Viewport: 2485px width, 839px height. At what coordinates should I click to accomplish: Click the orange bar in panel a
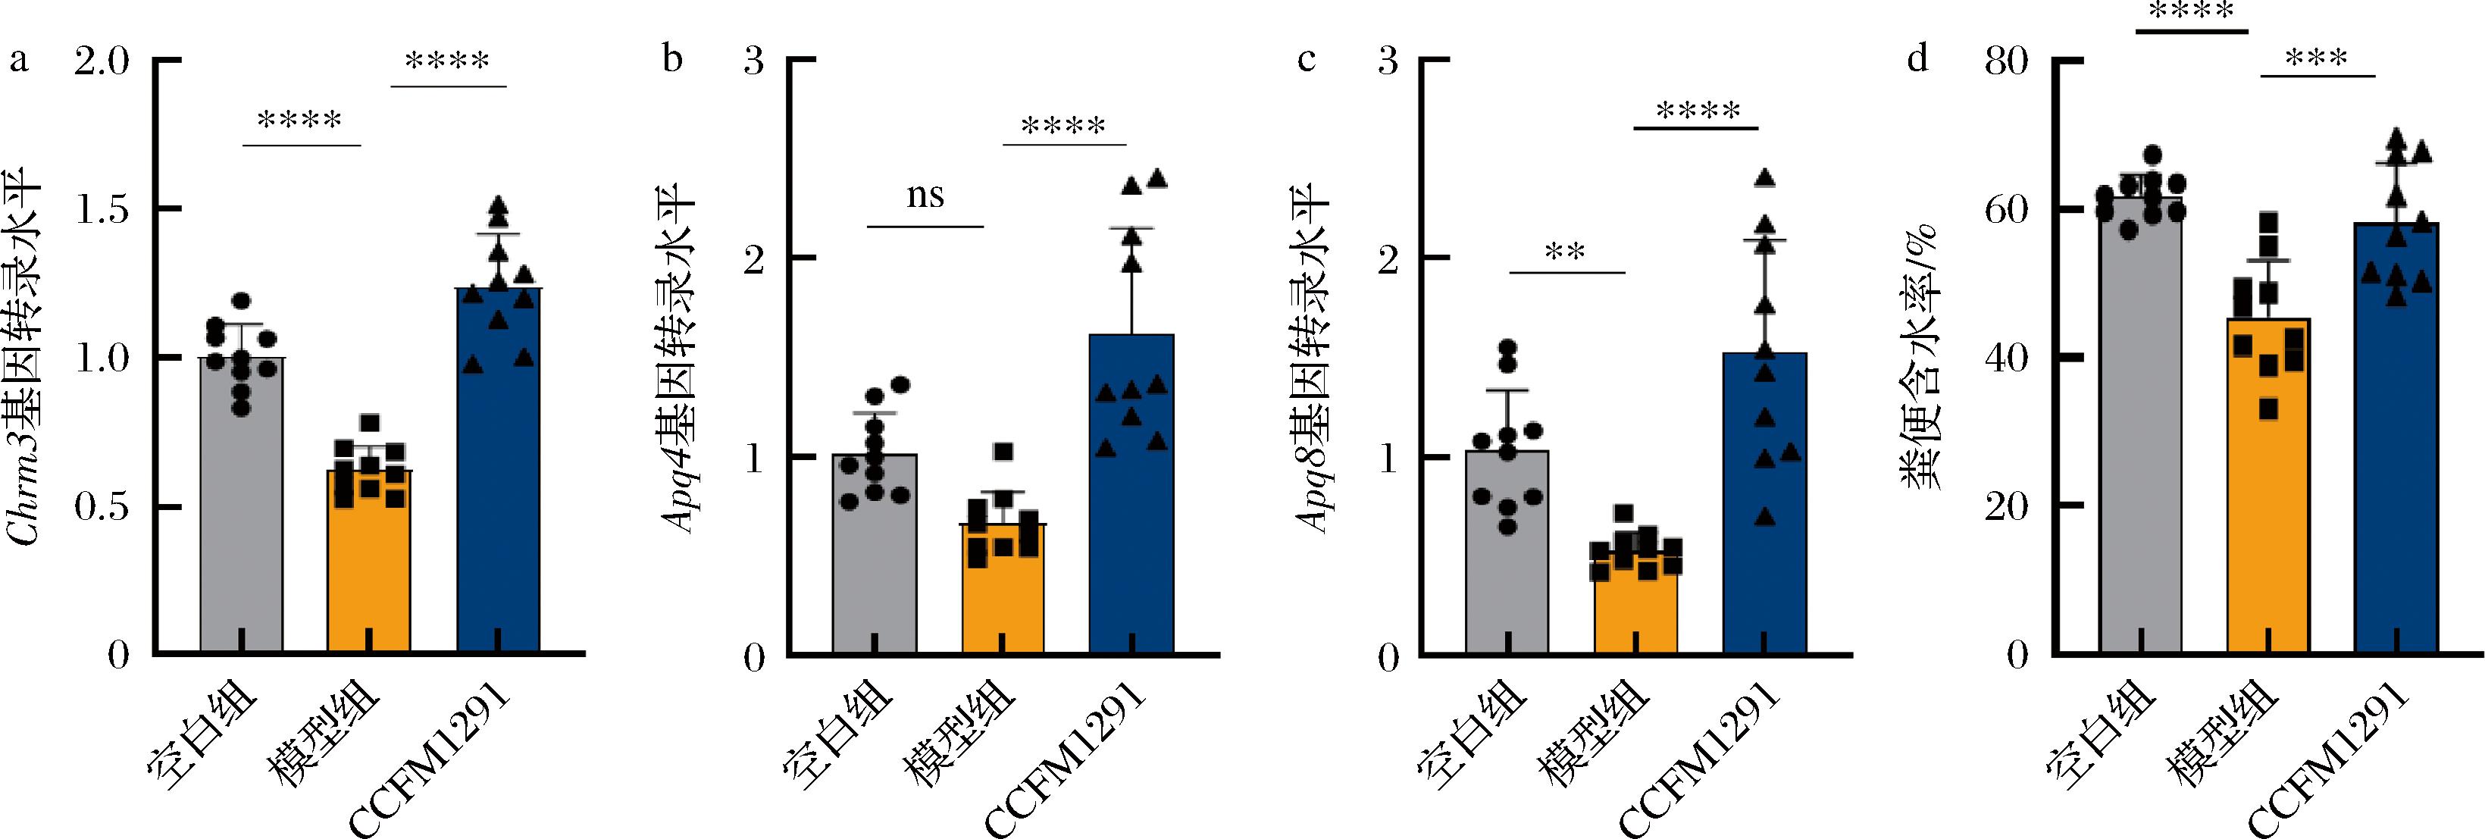pyautogui.click(x=368, y=569)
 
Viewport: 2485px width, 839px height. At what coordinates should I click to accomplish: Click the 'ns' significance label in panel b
pyautogui.click(x=925, y=196)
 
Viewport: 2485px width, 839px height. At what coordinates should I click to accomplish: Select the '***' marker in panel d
pyautogui.click(x=2318, y=60)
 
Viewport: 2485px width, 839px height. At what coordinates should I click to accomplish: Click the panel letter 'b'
pyautogui.click(x=672, y=60)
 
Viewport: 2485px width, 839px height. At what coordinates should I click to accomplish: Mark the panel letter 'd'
pyautogui.click(x=1918, y=60)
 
